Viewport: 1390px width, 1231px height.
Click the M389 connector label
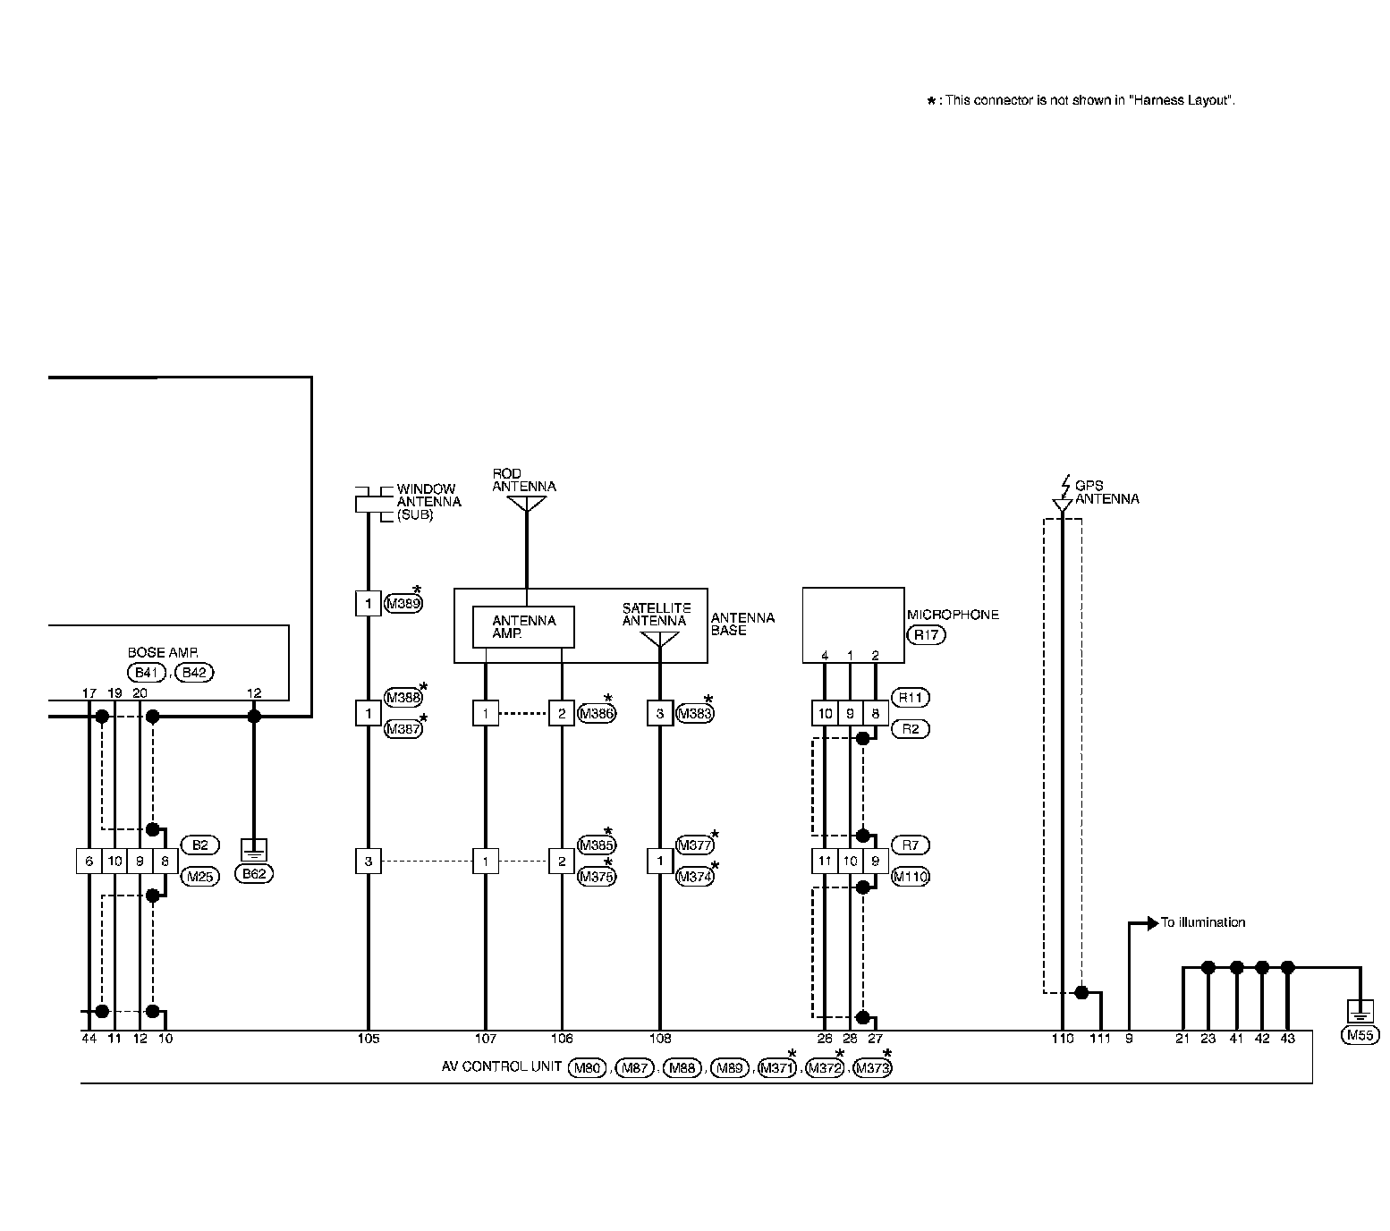pos(403,604)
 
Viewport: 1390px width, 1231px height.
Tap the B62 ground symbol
pos(254,851)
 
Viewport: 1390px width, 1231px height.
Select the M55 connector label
pos(1360,1036)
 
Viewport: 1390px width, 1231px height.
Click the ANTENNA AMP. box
pos(523,627)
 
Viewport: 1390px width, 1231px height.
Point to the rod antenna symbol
pos(526,505)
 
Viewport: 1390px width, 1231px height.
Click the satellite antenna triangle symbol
pos(660,639)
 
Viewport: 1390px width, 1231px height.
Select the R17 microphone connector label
pos(926,635)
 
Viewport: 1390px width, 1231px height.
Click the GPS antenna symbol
pos(1062,505)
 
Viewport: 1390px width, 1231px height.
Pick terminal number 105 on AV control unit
pos(369,1039)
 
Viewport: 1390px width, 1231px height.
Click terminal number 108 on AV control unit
pos(660,1039)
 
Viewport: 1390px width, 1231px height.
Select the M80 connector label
pos(587,1067)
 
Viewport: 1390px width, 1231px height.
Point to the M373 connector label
pos(872,1067)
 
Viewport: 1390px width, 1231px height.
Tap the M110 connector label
pos(911,877)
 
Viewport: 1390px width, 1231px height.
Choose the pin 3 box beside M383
pos(660,713)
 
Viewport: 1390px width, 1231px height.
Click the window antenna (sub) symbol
pos(369,504)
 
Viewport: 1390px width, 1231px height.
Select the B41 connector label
pos(145,673)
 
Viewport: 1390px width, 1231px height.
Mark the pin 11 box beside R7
pos(825,862)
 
